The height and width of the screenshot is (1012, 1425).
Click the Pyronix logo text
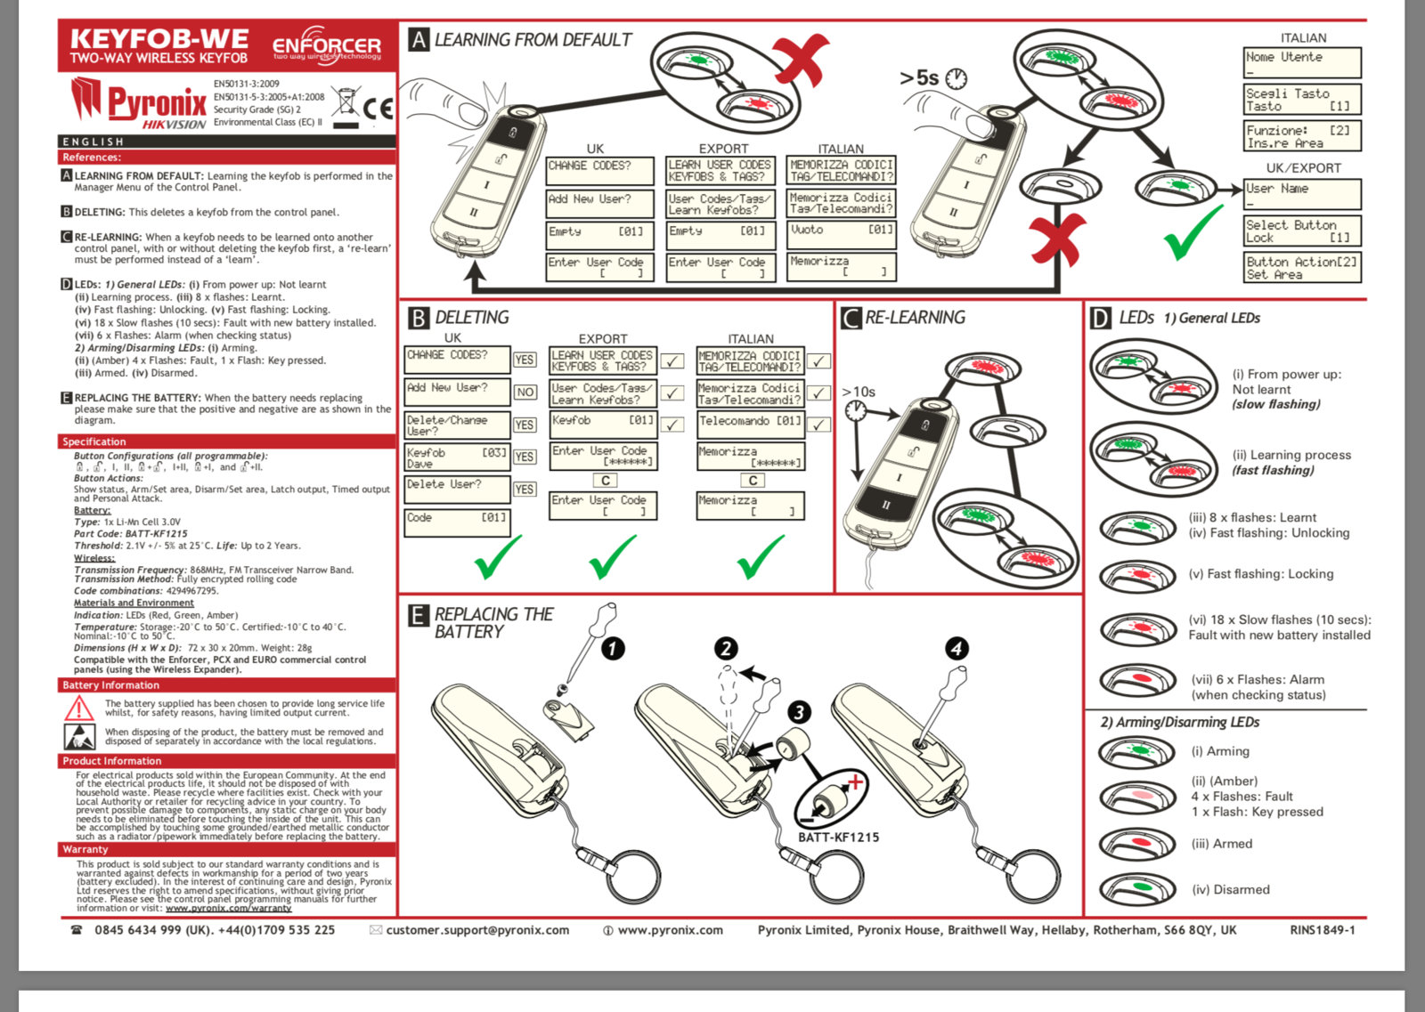(x=157, y=101)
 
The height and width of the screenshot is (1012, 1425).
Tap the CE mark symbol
(x=378, y=109)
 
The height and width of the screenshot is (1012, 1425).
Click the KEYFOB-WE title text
(x=159, y=39)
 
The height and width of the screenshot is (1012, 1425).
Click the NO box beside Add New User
(x=525, y=392)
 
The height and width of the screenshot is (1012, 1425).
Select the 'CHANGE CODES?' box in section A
(x=598, y=169)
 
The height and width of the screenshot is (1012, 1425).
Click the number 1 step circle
(x=613, y=649)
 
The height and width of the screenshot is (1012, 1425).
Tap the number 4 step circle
(x=957, y=649)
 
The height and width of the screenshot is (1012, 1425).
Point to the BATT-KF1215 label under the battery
(x=838, y=838)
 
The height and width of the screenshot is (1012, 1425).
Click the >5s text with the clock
(x=932, y=78)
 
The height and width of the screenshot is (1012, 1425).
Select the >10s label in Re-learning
(x=859, y=392)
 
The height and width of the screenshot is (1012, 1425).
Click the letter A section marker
(x=419, y=39)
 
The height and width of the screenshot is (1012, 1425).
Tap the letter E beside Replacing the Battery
(x=418, y=615)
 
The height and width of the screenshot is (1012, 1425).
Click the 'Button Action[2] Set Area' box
(x=1302, y=268)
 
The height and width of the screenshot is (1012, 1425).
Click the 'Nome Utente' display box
(x=1302, y=62)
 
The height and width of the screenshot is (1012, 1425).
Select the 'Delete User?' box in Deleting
(x=457, y=489)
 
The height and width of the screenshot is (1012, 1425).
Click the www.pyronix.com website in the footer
(x=669, y=930)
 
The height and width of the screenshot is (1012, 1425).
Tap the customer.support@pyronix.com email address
(x=476, y=930)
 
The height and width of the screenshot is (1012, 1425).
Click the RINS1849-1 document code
(x=1322, y=930)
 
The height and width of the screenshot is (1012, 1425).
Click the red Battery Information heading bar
(x=227, y=685)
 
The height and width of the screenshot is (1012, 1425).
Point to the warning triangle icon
(x=79, y=708)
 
